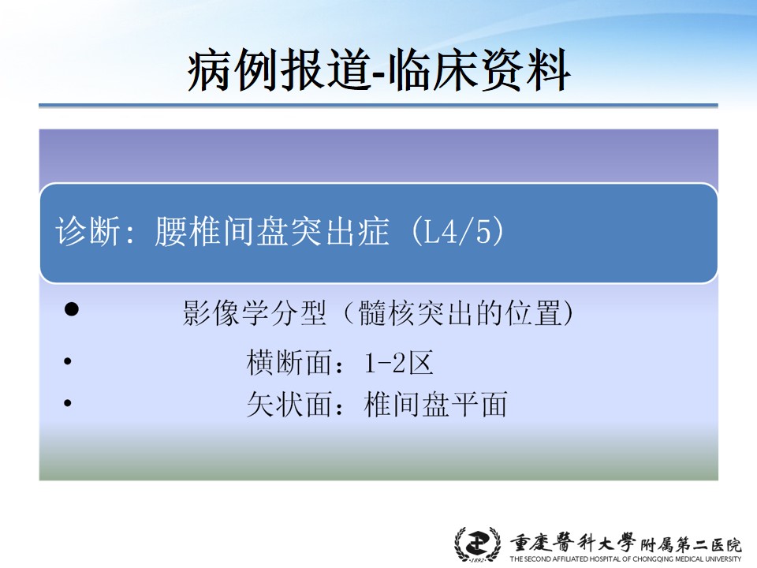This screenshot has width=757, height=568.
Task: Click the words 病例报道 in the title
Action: (279, 71)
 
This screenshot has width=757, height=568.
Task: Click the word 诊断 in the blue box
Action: (88, 231)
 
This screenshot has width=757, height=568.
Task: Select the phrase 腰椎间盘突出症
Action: (272, 231)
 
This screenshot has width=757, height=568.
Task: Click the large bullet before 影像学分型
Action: (72, 309)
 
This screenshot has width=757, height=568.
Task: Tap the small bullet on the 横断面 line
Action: (68, 361)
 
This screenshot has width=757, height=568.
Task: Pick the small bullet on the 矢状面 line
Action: (68, 403)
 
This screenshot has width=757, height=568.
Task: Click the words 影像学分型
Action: (255, 313)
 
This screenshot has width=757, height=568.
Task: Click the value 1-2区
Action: (399, 363)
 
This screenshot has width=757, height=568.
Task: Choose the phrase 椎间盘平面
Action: (435, 404)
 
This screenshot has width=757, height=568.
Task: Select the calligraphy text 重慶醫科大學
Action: (573, 543)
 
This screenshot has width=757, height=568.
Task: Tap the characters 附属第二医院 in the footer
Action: (691, 545)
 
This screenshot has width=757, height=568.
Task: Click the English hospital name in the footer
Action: (625, 559)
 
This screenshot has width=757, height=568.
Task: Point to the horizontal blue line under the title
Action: (378, 105)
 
